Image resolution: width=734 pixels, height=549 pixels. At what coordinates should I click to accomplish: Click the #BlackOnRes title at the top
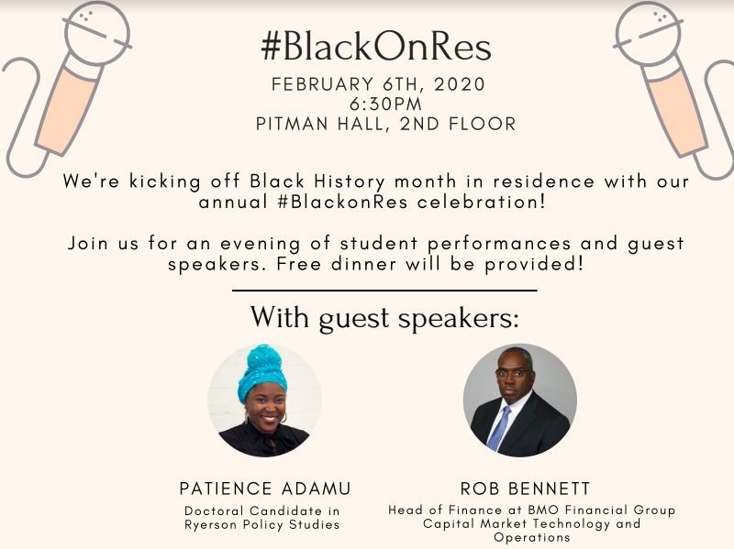pos(375,46)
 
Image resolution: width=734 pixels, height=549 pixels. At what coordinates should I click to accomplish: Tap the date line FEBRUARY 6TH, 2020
pos(377,84)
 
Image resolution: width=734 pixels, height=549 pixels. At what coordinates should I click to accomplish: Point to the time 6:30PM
pos(377,104)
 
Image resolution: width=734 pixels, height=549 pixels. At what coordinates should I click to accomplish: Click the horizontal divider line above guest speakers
pos(384,291)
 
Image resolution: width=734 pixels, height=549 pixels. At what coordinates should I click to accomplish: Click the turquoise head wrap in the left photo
pos(261,371)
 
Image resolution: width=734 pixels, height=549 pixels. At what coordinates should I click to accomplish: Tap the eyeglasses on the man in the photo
pos(513,373)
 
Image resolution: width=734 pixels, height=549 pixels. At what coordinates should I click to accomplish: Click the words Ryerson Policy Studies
pos(261,524)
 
